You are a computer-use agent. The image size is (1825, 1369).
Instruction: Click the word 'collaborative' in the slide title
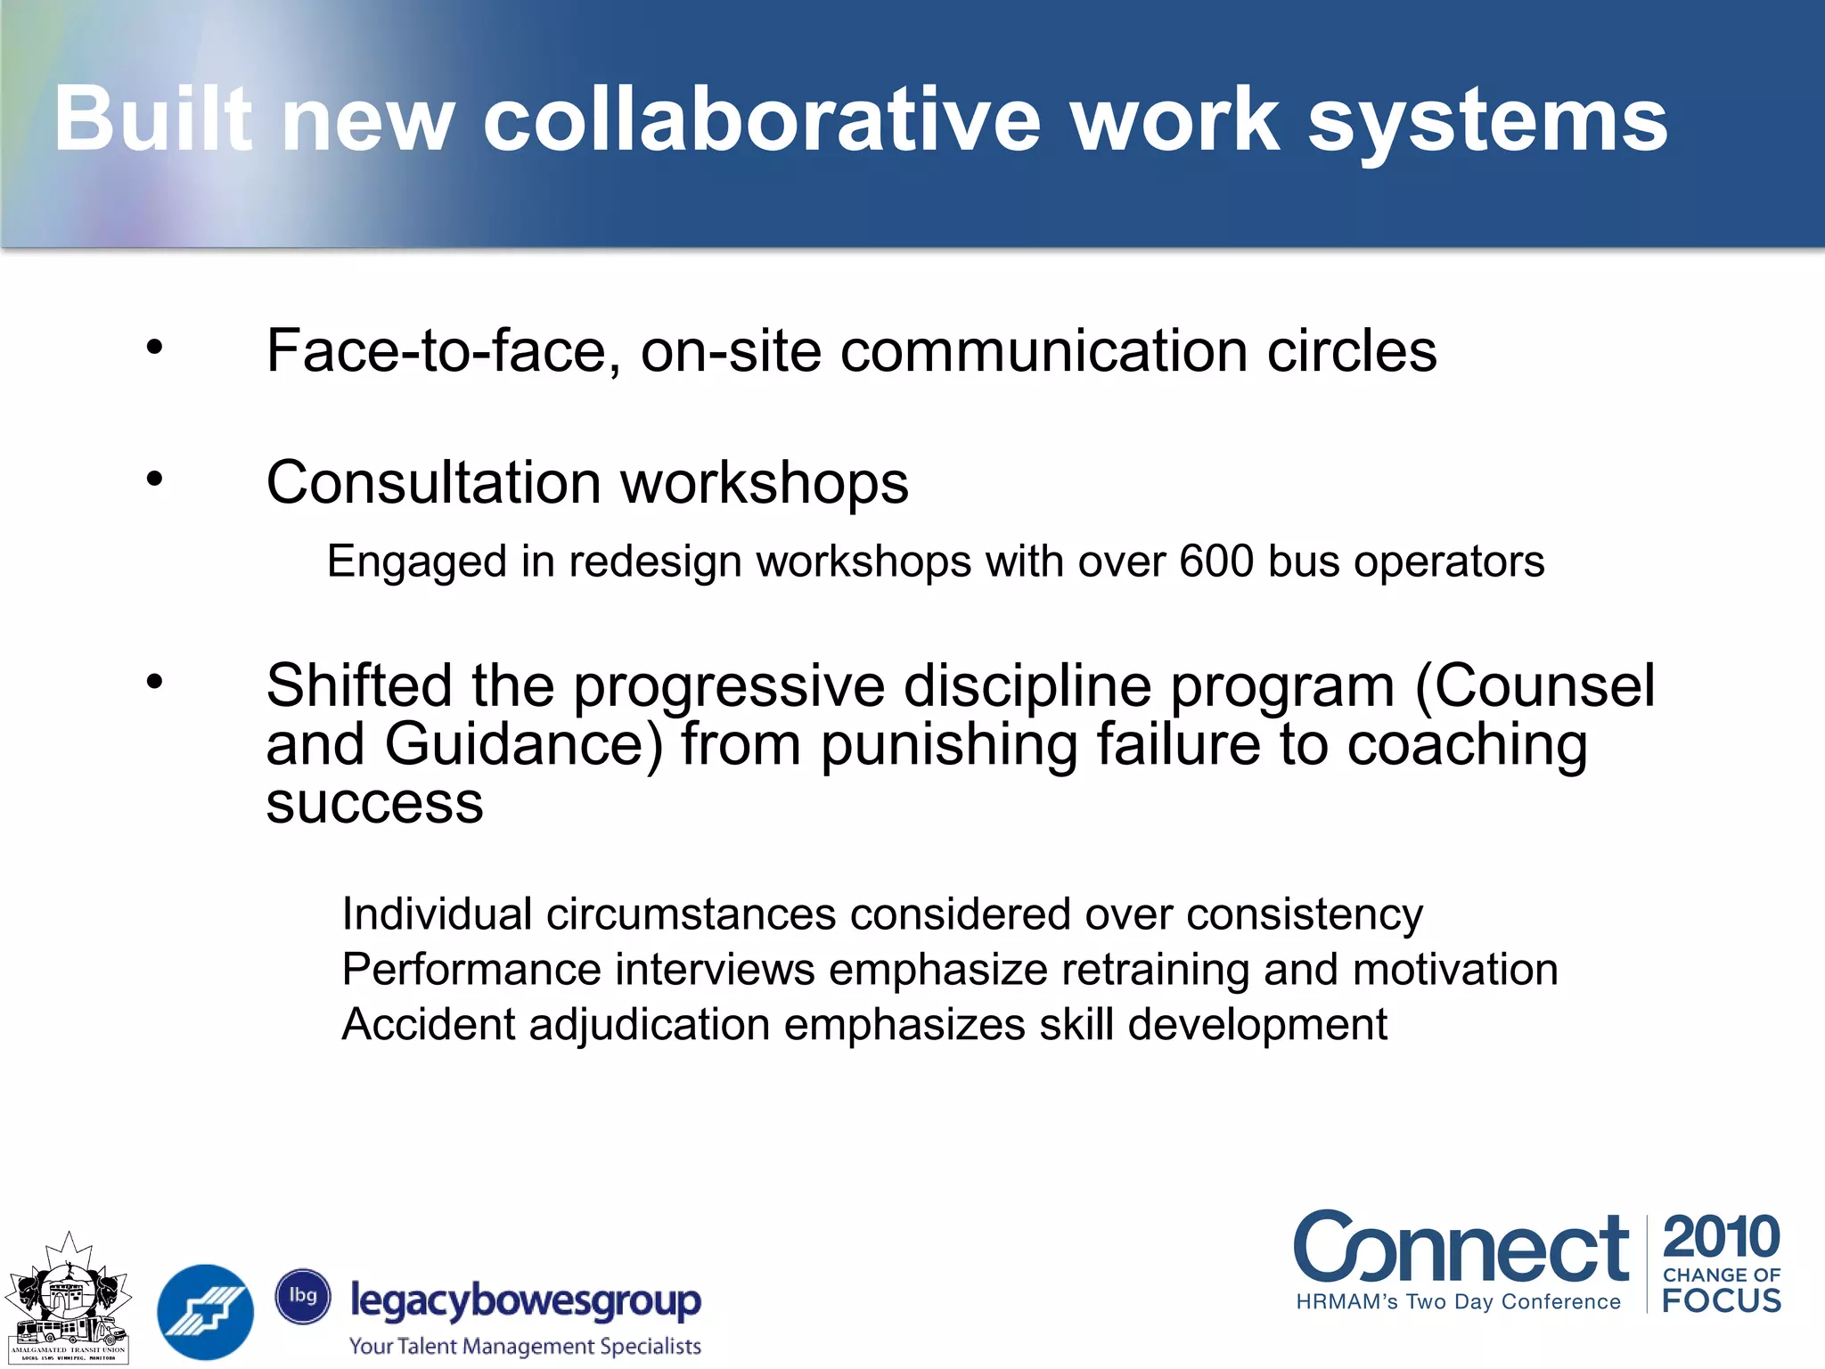[762, 120]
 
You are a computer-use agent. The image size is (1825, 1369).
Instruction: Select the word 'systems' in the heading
[1487, 120]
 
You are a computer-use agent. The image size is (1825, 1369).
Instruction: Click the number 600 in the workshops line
[1216, 562]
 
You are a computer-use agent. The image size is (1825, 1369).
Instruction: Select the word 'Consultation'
[433, 482]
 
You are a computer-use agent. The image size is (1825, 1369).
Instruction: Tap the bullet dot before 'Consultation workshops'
[155, 480]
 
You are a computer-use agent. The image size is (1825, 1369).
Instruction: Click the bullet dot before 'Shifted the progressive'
[155, 682]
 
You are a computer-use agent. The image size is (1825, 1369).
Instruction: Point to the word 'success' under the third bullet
[374, 803]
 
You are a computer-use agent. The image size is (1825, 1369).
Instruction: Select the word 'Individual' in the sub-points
[437, 914]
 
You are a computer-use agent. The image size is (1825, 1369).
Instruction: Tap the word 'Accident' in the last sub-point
[428, 1024]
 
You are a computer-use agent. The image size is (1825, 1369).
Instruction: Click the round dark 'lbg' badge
[303, 1296]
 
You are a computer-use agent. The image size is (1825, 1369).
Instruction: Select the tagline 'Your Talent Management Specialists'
[525, 1346]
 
